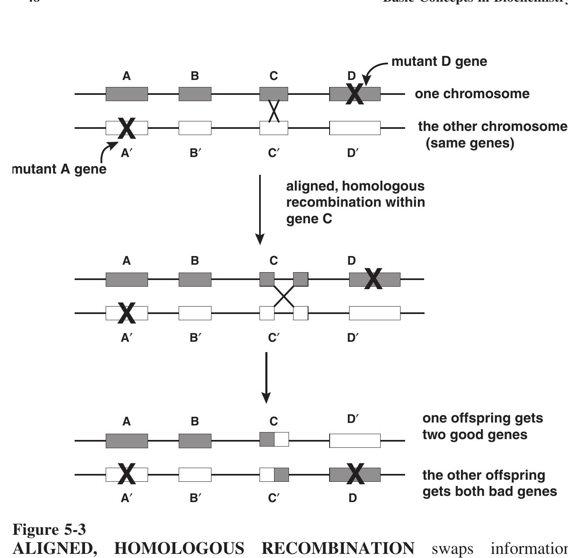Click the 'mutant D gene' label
pyautogui.click(x=439, y=61)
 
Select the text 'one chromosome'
pyautogui.click(x=472, y=94)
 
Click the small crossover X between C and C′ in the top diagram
pyautogui.click(x=274, y=111)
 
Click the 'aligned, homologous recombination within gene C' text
pyautogui.click(x=355, y=202)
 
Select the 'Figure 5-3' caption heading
pyautogui.click(x=49, y=530)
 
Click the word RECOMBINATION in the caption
pyautogui.click(x=337, y=548)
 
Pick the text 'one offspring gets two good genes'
pyautogui.click(x=482, y=426)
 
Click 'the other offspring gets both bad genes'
pyautogui.click(x=489, y=483)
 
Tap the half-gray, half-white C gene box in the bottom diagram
pyautogui.click(x=274, y=439)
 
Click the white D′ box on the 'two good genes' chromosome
pyautogui.click(x=354, y=441)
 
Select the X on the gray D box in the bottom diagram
pyautogui.click(x=355, y=474)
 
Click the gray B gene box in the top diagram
pyautogui.click(x=195, y=94)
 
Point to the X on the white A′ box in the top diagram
pyautogui.click(x=127, y=128)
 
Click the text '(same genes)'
pyautogui.click(x=470, y=143)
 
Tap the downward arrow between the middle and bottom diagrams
pyautogui.click(x=266, y=377)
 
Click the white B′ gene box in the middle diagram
pyautogui.click(x=195, y=313)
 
